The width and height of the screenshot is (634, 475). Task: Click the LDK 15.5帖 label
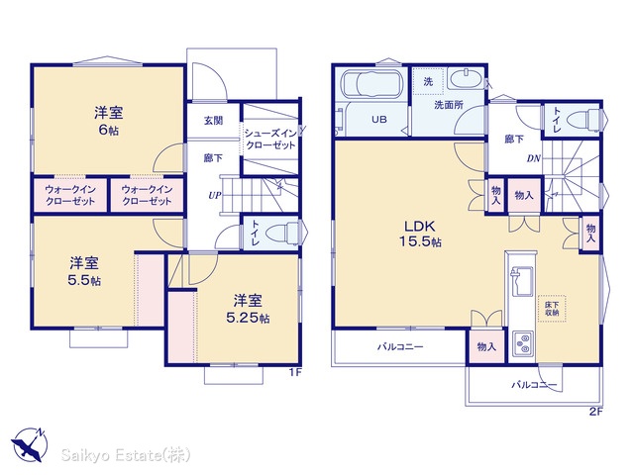pos(420,234)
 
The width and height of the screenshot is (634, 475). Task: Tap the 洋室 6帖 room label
pos(108,121)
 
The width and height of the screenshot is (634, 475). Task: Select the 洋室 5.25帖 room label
pos(248,309)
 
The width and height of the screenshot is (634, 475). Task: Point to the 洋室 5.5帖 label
pos(84,271)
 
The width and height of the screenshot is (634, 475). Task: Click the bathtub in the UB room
pos(372,84)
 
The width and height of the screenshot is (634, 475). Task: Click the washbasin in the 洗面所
pos(465,78)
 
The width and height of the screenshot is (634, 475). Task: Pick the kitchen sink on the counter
pos(522,281)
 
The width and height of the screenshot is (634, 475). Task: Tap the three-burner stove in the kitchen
pos(523,343)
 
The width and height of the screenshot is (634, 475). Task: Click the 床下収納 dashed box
pos(552,309)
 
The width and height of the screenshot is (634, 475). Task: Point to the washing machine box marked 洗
pos(429,81)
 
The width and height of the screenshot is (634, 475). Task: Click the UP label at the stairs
pos(215,196)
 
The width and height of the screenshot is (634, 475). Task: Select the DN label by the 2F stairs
pos(534,158)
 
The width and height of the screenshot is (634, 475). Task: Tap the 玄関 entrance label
pos(213,121)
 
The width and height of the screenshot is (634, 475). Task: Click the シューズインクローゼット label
pos(270,140)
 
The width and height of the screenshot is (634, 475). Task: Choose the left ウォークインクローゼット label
pos(70,195)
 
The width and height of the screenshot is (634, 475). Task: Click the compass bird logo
pos(29,444)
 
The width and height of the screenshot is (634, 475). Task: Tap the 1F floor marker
pos(295,372)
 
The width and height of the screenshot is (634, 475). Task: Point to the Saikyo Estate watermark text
pos(126,455)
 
